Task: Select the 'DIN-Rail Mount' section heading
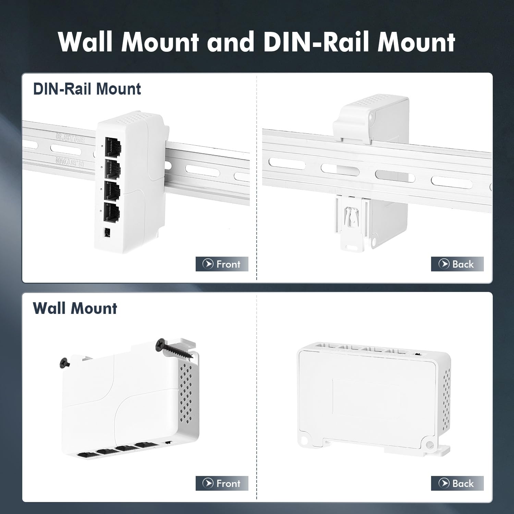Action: coord(87,89)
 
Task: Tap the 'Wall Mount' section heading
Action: coord(75,308)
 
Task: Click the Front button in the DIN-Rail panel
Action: coord(222,264)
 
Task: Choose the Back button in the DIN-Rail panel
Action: coord(457,264)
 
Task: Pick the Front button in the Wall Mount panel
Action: coord(222,484)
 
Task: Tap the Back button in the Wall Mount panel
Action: coord(457,484)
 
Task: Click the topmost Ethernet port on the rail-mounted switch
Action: coord(113,147)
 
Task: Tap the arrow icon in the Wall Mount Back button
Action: coord(444,484)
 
